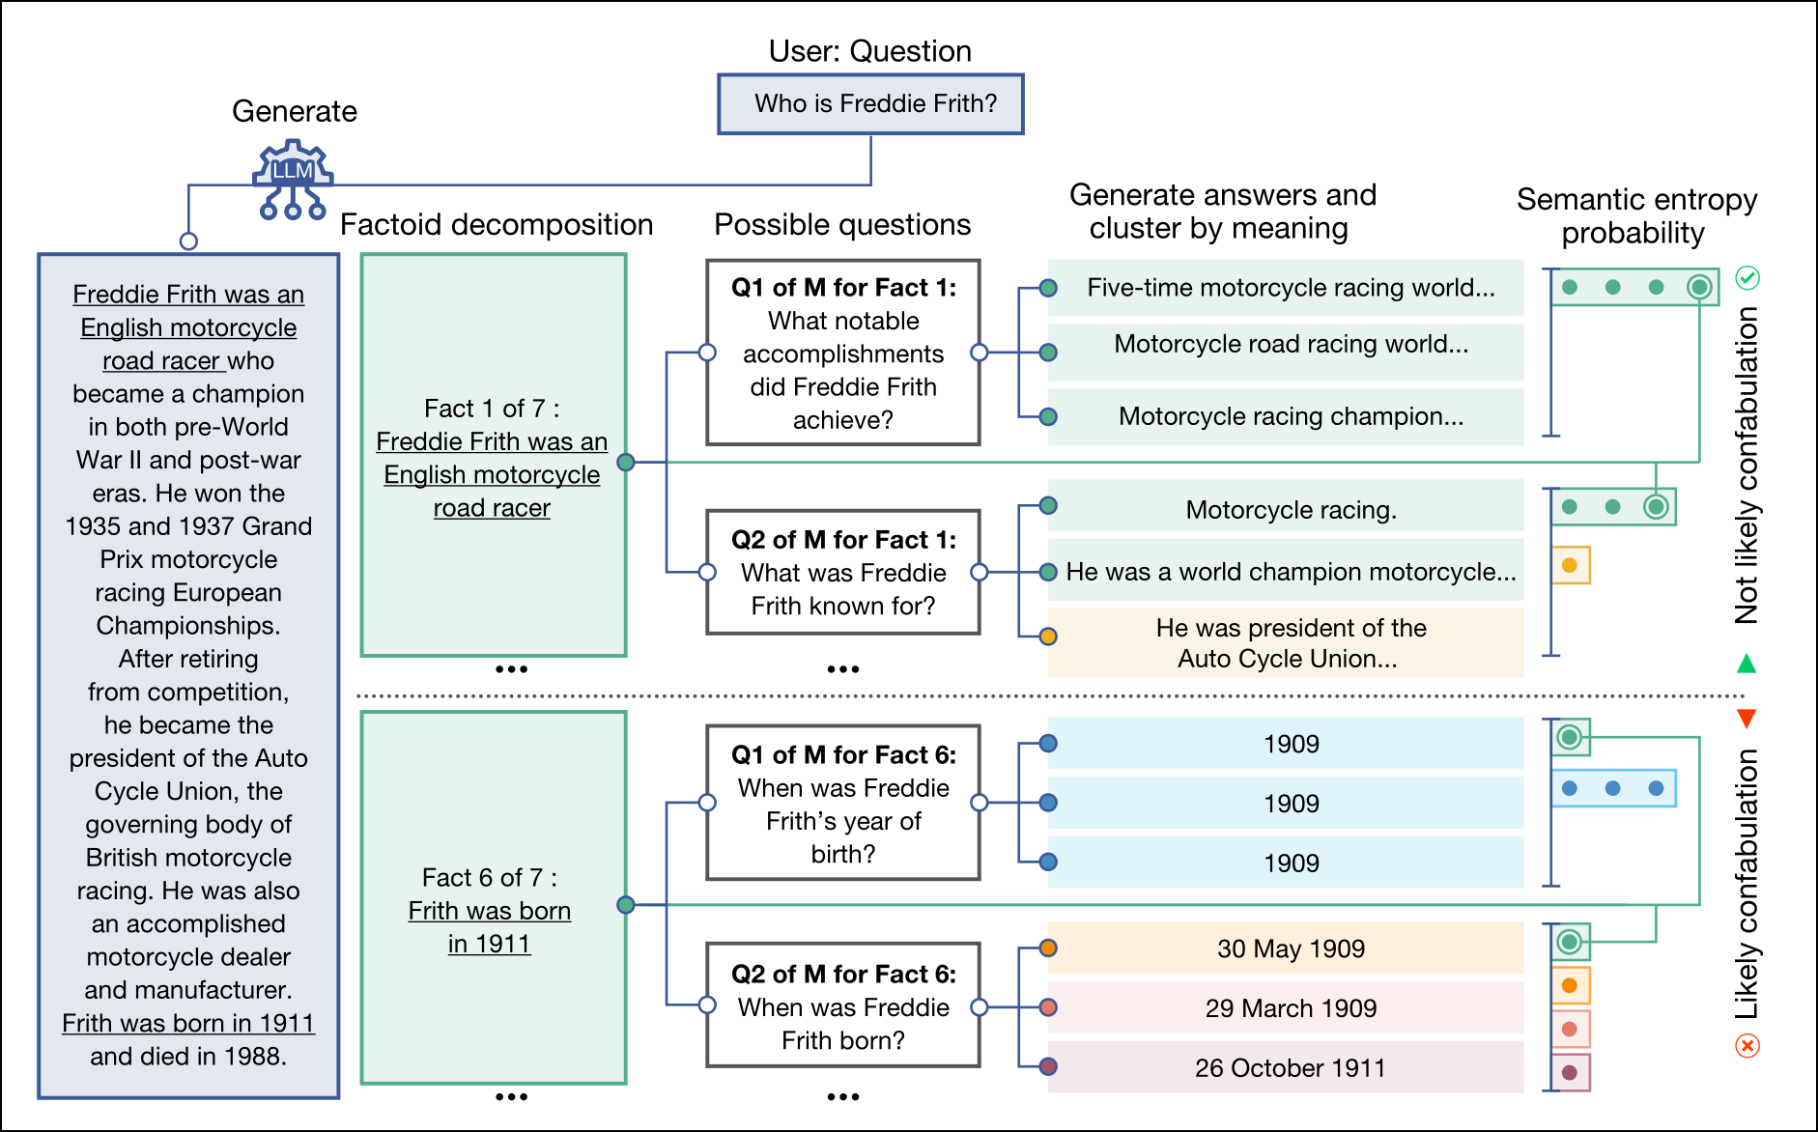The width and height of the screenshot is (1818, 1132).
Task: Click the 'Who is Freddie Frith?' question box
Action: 870,104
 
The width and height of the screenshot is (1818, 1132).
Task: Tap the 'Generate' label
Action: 295,111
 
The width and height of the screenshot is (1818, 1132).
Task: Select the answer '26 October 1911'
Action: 1290,1067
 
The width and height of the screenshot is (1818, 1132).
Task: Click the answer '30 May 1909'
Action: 1290,948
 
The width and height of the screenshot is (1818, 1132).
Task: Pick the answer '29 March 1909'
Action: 1290,1008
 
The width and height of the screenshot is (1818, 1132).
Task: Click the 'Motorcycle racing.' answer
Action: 1290,510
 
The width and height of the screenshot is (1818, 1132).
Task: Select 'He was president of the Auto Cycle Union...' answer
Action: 1290,643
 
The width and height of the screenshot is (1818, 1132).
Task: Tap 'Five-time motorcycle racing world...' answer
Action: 1290,288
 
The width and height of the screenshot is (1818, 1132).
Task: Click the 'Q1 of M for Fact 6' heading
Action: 843,754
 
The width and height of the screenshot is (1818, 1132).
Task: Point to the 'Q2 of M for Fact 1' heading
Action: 843,540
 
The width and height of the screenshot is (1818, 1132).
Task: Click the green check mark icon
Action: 1747,278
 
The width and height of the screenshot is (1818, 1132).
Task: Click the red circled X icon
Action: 1747,1045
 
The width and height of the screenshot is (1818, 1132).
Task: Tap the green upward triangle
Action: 1747,665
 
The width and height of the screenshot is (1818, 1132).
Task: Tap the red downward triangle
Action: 1747,718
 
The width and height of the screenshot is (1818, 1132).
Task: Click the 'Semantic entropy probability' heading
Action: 1635,216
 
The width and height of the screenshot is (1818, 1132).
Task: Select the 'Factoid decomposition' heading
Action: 497,225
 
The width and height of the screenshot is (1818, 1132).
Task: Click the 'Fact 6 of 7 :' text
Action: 489,877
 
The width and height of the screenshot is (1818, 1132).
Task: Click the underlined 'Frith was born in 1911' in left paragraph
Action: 188,1023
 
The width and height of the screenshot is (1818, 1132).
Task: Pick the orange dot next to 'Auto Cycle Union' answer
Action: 1048,637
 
